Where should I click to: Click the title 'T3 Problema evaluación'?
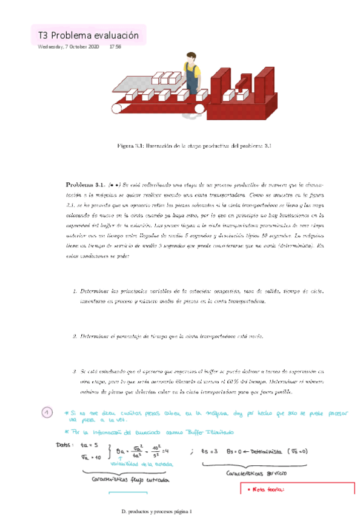(x=88, y=36)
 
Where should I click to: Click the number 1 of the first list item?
(x=75, y=292)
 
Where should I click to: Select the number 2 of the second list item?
(x=75, y=336)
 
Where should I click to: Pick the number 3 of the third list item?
(x=75, y=370)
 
